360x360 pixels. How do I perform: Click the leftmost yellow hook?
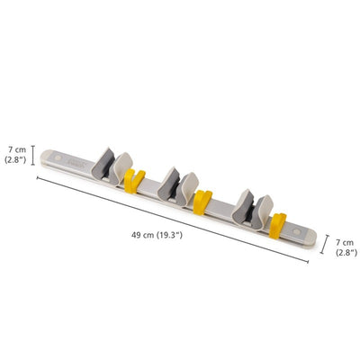(x=131, y=182)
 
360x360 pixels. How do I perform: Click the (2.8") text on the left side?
(x=17, y=159)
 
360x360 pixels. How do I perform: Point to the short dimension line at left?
(x=33, y=155)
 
